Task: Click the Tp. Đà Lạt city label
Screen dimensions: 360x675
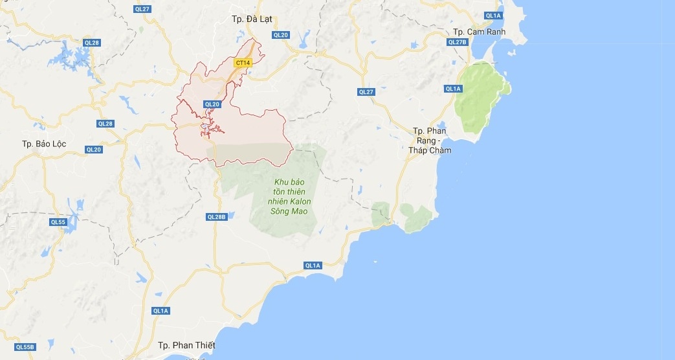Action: (252, 19)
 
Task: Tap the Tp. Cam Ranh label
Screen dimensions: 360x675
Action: (478, 32)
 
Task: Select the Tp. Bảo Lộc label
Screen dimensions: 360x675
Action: (44, 143)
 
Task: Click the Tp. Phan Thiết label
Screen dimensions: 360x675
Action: (186, 344)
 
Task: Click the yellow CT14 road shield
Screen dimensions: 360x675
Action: (243, 62)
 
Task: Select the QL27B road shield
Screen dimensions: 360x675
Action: (457, 42)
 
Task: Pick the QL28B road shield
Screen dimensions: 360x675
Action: (217, 217)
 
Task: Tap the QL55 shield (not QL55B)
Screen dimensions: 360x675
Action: (58, 222)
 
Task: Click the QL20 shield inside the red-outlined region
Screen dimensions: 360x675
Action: (212, 104)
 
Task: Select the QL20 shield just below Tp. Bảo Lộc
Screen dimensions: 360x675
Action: (93, 150)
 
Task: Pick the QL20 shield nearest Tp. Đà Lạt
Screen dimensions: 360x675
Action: (280, 35)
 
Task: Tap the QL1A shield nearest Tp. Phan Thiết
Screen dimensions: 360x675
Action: (160, 311)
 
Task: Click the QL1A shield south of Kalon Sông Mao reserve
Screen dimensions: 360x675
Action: (313, 265)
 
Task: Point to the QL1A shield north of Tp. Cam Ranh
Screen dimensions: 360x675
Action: (493, 15)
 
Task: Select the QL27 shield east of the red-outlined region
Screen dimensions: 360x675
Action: (366, 92)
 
